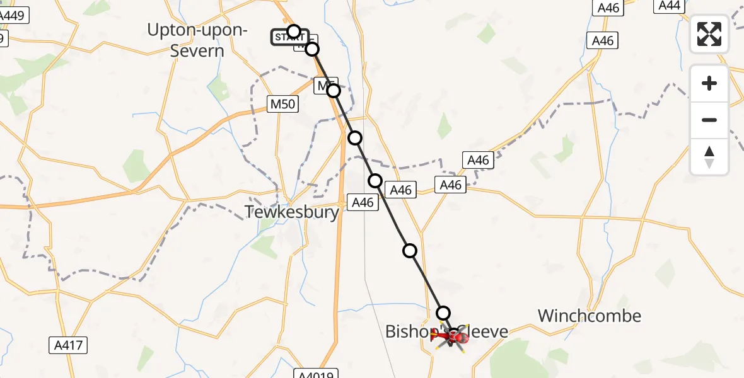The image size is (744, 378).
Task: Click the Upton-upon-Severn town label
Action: coord(197,40)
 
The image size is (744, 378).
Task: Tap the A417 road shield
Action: coord(68,345)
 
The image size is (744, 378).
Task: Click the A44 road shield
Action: coord(670,6)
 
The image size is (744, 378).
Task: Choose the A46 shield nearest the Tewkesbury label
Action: coord(363,202)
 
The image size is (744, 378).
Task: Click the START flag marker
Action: coord(289,38)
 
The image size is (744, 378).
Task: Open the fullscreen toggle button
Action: coord(709,34)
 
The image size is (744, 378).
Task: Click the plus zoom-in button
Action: coord(709,83)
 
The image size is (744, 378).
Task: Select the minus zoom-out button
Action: coord(709,120)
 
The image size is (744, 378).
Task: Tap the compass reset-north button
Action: coord(709,156)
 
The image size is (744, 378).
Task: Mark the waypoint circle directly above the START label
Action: coord(294,31)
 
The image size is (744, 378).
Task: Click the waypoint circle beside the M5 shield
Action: coord(334,91)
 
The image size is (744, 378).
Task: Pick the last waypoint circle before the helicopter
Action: coord(443,312)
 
